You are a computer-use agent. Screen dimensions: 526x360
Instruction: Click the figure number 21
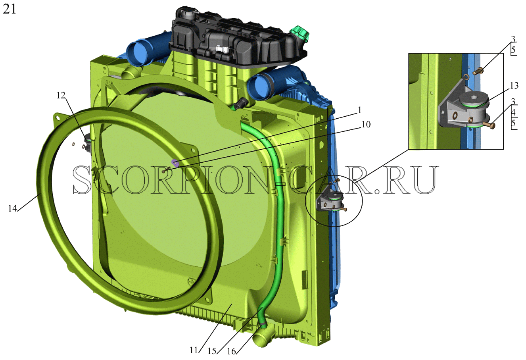point(10,10)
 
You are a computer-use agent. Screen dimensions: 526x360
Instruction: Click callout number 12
point(61,95)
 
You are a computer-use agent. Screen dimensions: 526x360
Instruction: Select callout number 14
point(13,208)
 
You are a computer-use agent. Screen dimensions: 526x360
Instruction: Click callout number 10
point(366,124)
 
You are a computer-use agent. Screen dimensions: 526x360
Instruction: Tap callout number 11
point(194,350)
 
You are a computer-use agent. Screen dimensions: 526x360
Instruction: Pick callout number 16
point(231,351)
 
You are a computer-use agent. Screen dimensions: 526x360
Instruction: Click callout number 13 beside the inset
point(514,86)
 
